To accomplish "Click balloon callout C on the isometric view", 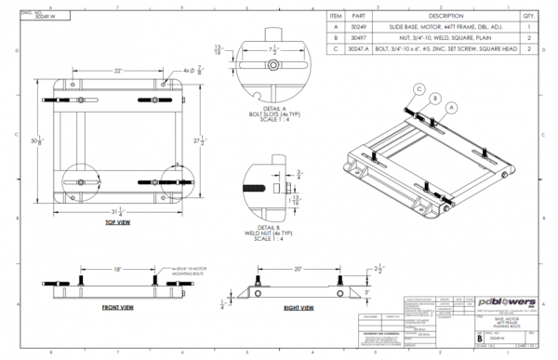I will [420, 90].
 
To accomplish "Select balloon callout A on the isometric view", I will [452, 108].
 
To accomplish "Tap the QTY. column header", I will [528, 16].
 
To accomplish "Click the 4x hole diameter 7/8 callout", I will [193, 71].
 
